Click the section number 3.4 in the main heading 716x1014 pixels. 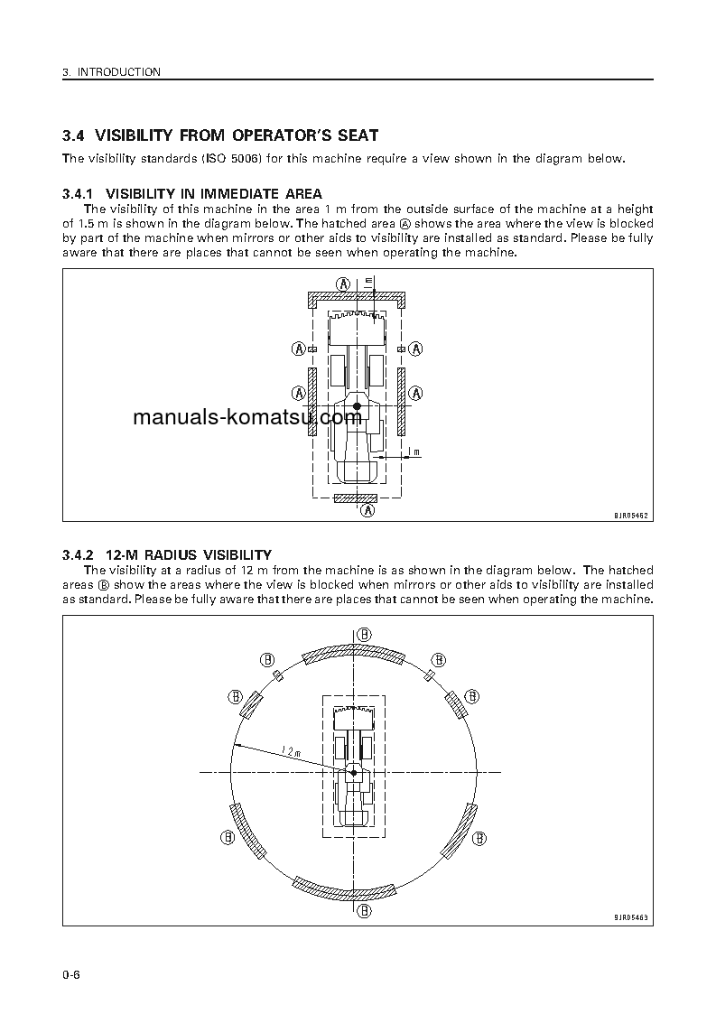pyautogui.click(x=72, y=136)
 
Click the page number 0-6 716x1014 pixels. pyautogui.click(x=72, y=975)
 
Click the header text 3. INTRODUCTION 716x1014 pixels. pyautogui.click(x=112, y=72)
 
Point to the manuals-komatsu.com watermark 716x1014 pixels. pyautogui.click(x=246, y=417)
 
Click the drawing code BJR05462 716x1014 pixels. pyautogui.click(x=632, y=515)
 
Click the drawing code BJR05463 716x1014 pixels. pyautogui.click(x=632, y=918)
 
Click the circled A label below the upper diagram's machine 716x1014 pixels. pyautogui.click(x=367, y=510)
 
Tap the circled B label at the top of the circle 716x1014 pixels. pyautogui.click(x=363, y=634)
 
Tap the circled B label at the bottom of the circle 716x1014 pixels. pyautogui.click(x=363, y=910)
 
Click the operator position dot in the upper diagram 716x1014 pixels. pyautogui.click(x=358, y=406)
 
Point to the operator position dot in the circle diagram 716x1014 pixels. pyautogui.click(x=354, y=773)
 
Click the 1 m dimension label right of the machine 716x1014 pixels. pyautogui.click(x=413, y=451)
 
